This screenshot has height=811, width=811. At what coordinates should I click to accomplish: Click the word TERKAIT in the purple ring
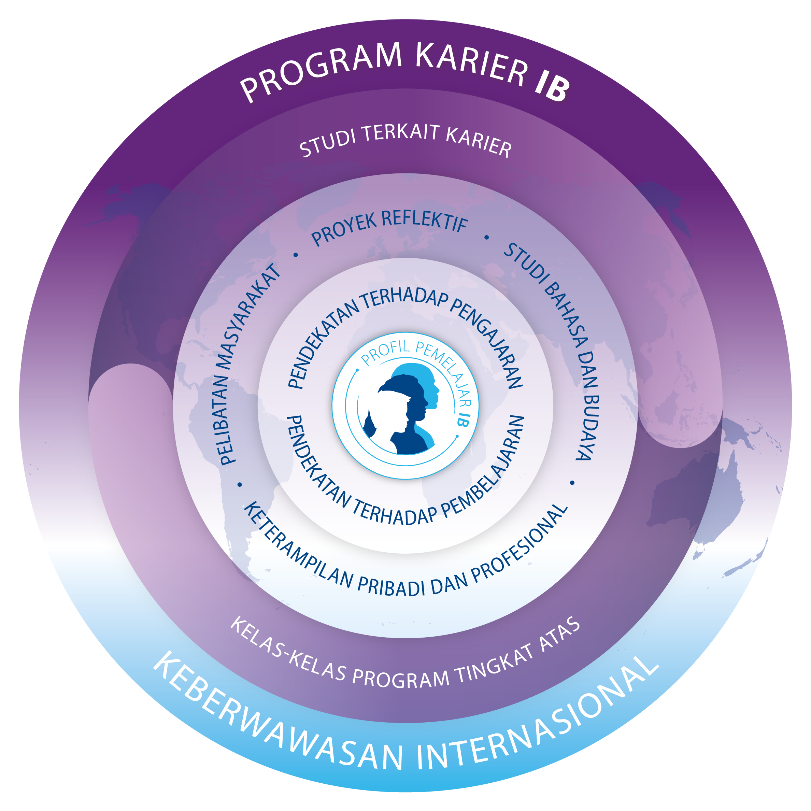point(401,133)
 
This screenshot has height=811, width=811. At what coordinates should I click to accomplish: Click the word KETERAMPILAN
point(298,546)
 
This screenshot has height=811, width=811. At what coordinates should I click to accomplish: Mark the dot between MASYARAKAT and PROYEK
point(296,254)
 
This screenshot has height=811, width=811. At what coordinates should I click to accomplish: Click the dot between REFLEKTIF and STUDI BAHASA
point(486,238)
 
